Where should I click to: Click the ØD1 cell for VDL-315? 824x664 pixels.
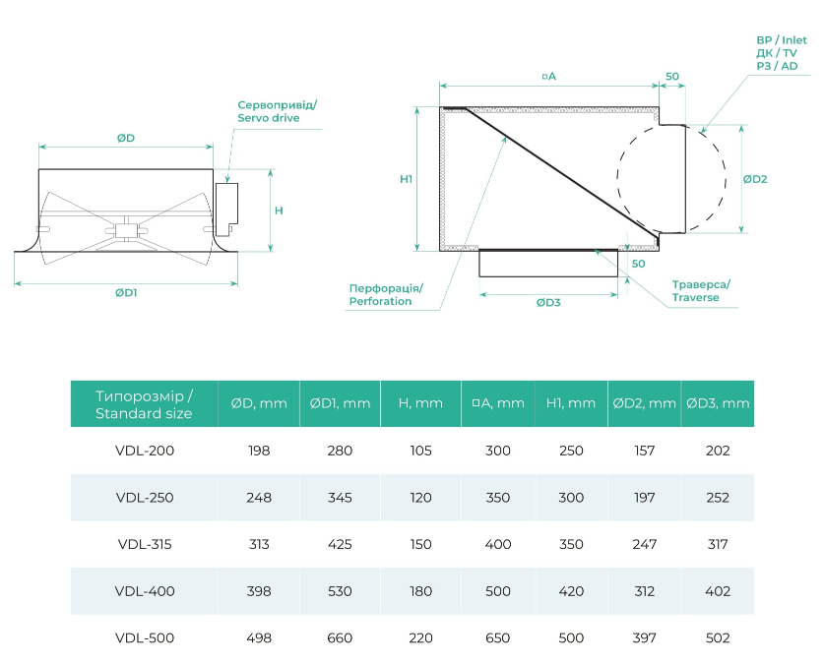click(340, 544)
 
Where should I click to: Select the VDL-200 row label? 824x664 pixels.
click(144, 451)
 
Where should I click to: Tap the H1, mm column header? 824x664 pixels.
click(571, 403)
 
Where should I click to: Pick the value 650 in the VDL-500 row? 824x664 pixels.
click(498, 637)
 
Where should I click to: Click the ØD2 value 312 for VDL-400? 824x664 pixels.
click(645, 591)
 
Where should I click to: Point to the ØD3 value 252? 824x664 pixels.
click(719, 498)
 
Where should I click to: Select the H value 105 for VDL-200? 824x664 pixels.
click(421, 451)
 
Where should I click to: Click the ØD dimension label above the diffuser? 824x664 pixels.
click(125, 139)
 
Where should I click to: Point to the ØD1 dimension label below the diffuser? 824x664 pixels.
click(126, 293)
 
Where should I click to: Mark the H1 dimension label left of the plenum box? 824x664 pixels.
click(406, 179)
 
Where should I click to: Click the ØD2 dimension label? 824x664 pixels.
click(754, 179)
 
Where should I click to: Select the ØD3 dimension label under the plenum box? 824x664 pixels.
click(548, 302)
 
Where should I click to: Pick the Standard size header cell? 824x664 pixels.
click(144, 404)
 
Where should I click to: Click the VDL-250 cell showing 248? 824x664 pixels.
click(259, 498)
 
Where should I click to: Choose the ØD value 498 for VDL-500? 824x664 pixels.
click(259, 637)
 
